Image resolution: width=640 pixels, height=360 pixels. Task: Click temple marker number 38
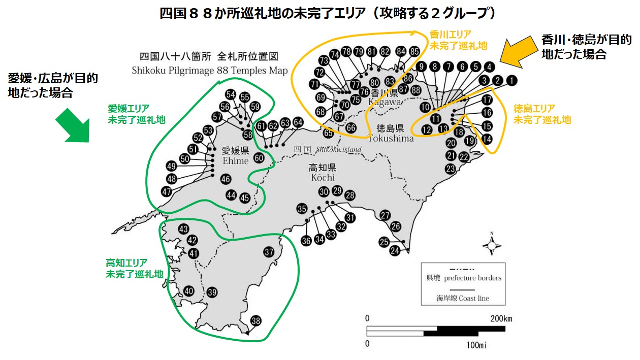256,321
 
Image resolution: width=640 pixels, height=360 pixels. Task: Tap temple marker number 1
511,80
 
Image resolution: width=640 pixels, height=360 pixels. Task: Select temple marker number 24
395,250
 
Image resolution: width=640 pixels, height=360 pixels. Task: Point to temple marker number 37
269,252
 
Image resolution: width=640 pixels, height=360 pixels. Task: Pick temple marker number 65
329,133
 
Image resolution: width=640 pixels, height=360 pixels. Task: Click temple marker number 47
167,192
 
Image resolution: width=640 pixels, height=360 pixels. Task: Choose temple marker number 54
231,94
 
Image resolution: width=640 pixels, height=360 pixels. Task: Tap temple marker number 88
416,90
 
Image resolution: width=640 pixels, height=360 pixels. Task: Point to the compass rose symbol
492,246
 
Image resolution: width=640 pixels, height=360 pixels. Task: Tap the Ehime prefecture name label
235,156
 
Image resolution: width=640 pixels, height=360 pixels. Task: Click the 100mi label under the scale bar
476,346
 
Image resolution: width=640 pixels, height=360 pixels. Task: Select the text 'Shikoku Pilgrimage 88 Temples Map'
209,71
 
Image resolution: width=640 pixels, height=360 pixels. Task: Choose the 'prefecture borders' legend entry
463,278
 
